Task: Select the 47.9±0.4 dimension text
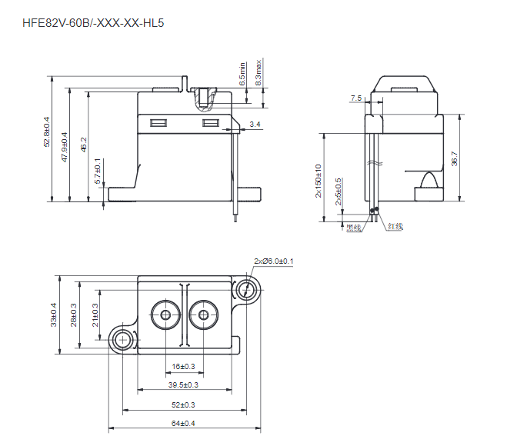65,146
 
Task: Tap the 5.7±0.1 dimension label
98,171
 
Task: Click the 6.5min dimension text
242,73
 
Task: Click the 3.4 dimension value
255,124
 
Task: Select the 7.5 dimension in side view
355,98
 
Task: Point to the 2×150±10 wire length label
319,181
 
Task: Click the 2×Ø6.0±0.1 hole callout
273,261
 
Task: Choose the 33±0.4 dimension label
54,314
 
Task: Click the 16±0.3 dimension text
183,367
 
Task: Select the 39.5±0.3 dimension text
183,384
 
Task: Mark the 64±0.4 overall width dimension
183,423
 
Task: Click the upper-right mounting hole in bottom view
247,290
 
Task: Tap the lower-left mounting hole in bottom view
121,339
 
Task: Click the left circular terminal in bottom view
164,315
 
